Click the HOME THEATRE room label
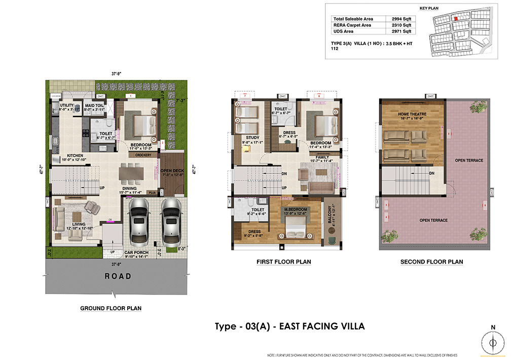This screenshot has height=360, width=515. (412, 114)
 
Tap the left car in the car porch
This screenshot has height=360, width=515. (138, 221)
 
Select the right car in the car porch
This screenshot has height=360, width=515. (171, 221)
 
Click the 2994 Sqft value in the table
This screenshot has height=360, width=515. (401, 19)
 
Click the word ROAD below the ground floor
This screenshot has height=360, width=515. (118, 276)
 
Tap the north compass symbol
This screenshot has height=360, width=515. (492, 343)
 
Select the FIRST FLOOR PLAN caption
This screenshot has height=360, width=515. (283, 262)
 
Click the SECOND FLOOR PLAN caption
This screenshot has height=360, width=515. (431, 262)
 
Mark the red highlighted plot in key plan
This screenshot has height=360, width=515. (455, 18)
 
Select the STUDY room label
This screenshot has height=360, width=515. (252, 137)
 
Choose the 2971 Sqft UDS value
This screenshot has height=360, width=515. (401, 31)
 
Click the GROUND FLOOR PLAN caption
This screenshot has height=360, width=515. (111, 308)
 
